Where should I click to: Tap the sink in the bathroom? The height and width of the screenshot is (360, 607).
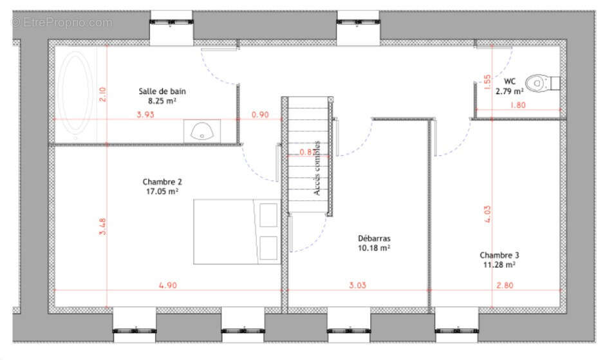pos(201,130)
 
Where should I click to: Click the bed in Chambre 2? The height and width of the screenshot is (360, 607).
pos(238,231)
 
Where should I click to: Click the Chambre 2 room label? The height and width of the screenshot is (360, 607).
pos(160,182)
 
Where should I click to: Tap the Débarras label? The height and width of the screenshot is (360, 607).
pos(374,238)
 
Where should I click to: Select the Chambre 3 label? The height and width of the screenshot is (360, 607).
pos(499,255)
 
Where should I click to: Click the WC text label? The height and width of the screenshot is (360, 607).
pos(510,82)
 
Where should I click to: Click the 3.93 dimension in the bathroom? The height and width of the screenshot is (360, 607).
pos(145,115)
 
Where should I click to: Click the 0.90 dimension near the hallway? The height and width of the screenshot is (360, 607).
pos(259,115)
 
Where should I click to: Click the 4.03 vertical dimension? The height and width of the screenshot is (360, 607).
pos(487,213)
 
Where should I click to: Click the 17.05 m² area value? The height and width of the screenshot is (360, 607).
pos(160,191)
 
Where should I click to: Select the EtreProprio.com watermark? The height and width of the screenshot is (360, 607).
pos(62,23)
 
